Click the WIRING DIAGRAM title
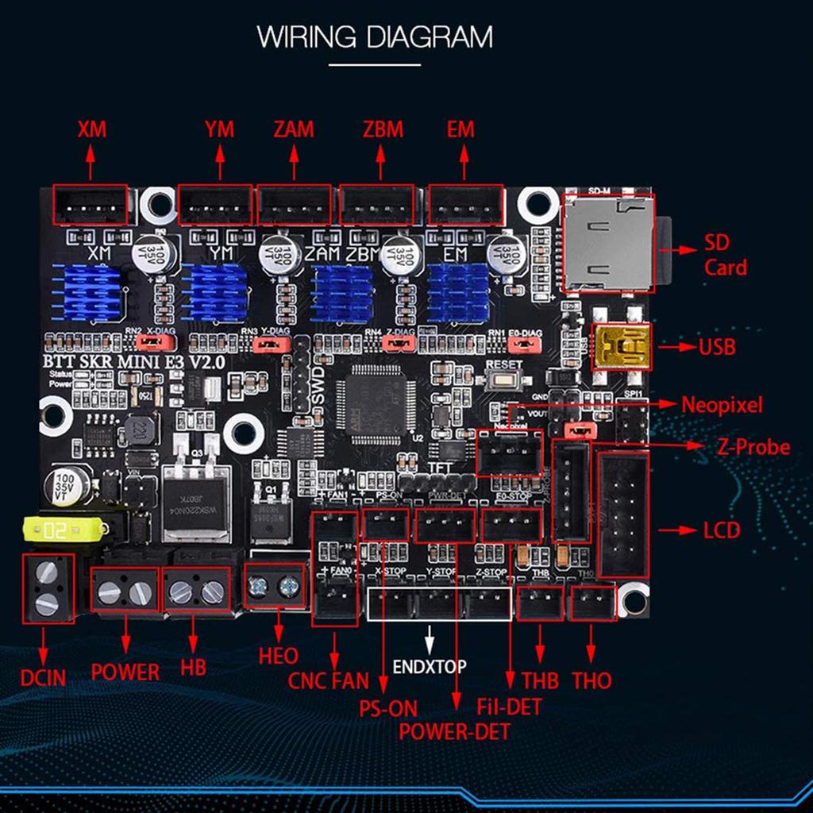(x=375, y=37)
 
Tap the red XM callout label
(x=92, y=129)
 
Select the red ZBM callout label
(x=383, y=129)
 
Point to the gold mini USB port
(x=622, y=346)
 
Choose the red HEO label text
(x=278, y=656)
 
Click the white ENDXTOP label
(x=430, y=666)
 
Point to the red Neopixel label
(x=722, y=406)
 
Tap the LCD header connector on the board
(x=622, y=514)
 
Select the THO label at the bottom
(x=591, y=680)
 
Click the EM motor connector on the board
(x=466, y=205)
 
